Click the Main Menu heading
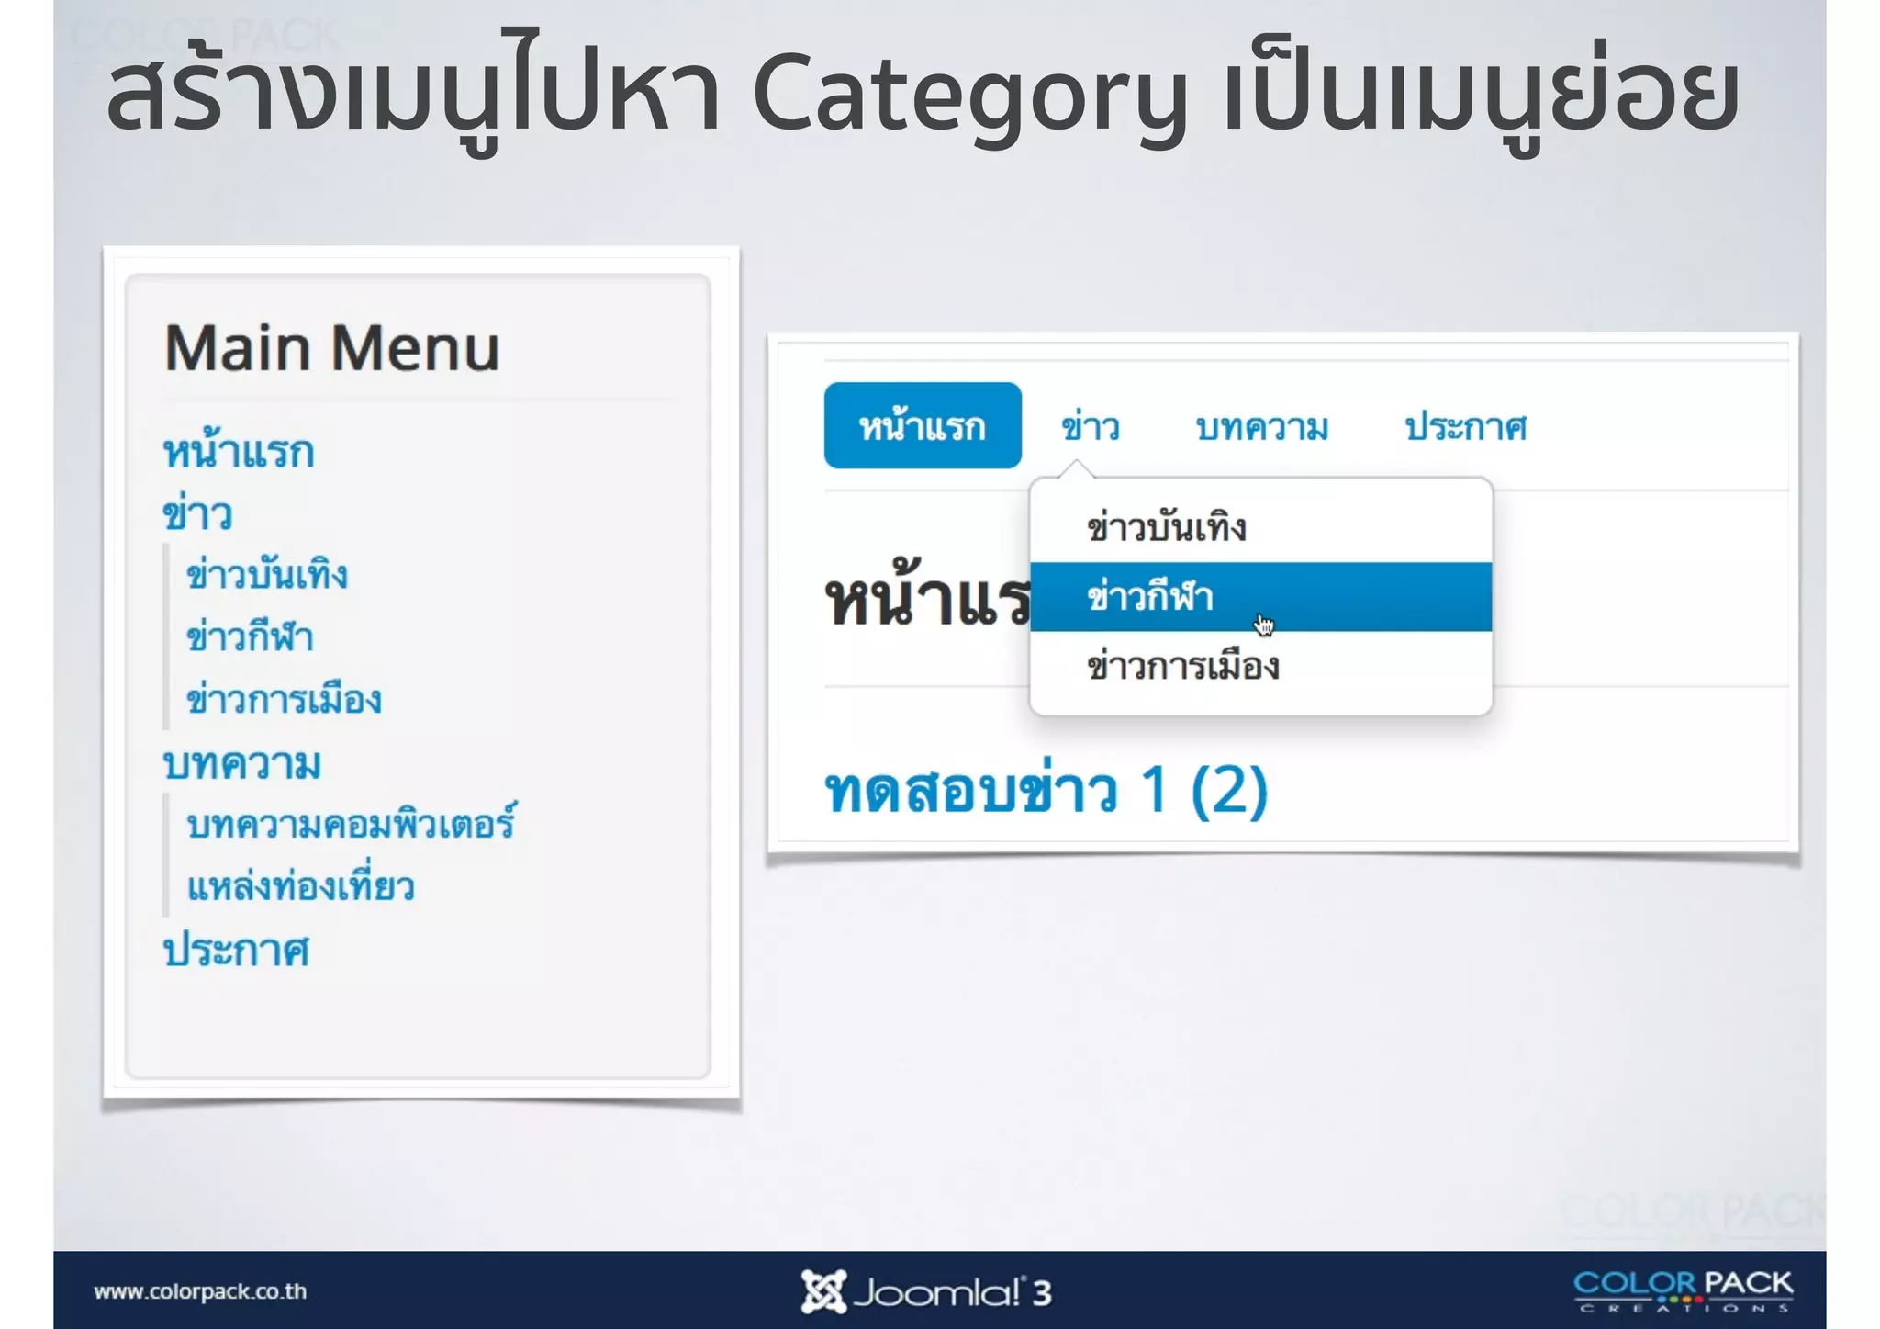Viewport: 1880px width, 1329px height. click(x=331, y=349)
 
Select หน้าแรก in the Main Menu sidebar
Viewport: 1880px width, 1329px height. click(x=239, y=453)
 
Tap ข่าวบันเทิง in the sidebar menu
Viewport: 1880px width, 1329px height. click(x=267, y=576)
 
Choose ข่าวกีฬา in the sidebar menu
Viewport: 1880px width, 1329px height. click(x=250, y=637)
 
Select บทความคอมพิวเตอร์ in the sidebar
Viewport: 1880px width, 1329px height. click(x=351, y=824)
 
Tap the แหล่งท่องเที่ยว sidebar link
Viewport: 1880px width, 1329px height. click(x=300, y=887)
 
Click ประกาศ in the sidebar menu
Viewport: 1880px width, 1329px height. click(x=237, y=951)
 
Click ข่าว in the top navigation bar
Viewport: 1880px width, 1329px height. click(x=1091, y=427)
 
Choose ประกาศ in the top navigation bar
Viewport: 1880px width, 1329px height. click(x=1466, y=427)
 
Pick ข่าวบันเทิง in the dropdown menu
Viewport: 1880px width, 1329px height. click(x=1166, y=528)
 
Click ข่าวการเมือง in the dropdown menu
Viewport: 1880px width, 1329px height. click(x=1182, y=667)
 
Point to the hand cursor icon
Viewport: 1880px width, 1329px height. click(x=1264, y=625)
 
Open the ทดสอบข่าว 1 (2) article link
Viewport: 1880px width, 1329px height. click(x=1046, y=791)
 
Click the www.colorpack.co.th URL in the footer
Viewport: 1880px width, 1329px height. click(x=200, y=1291)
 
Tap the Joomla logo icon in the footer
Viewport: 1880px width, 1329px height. click(x=822, y=1291)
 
